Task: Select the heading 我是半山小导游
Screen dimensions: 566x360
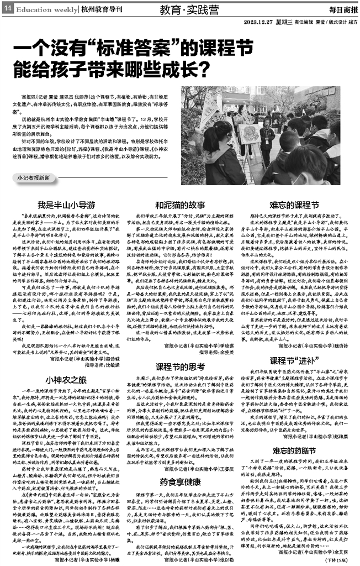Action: point(60,203)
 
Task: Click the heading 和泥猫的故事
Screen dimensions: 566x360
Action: point(179,203)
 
